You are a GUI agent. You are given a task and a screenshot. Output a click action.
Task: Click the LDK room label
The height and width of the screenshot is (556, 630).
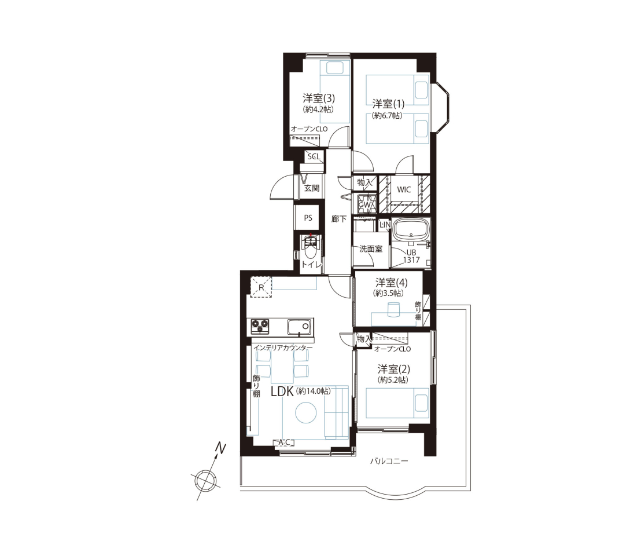[x=283, y=392]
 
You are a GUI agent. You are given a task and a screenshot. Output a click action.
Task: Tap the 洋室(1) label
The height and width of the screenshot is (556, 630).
[x=388, y=104]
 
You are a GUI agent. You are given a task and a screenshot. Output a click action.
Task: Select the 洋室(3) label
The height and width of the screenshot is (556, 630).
[x=319, y=98]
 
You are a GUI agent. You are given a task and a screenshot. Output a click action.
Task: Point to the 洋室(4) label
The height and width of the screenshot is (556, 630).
[x=391, y=282]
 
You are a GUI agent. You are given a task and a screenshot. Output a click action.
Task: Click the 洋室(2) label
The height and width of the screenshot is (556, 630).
[x=393, y=368]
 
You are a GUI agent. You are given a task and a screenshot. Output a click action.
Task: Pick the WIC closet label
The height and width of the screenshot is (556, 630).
[x=404, y=189]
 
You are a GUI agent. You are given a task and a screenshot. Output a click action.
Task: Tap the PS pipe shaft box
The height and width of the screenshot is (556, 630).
[x=308, y=218]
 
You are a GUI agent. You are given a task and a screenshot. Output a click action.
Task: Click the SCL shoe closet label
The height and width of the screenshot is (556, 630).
[x=314, y=156]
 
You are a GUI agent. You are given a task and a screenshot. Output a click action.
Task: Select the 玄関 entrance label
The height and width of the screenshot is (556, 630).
[x=312, y=188]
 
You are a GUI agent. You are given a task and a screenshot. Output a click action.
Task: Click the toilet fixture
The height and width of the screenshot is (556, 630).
[x=310, y=250]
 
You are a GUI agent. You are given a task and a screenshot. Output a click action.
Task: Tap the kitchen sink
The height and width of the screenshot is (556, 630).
[x=299, y=327]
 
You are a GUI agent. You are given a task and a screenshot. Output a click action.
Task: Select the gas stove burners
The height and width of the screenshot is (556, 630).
[x=260, y=326]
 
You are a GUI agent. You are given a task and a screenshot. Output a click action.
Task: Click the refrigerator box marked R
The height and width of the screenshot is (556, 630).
[x=261, y=287]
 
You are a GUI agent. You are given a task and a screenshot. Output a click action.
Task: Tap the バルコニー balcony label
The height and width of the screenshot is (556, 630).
[x=389, y=461]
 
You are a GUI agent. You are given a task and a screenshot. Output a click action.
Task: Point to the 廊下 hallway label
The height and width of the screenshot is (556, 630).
[x=338, y=219]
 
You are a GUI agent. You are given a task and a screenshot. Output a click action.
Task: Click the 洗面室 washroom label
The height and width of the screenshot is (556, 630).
[x=371, y=249]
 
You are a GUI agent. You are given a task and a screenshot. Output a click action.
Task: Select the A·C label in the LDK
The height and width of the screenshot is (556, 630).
[x=284, y=442]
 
